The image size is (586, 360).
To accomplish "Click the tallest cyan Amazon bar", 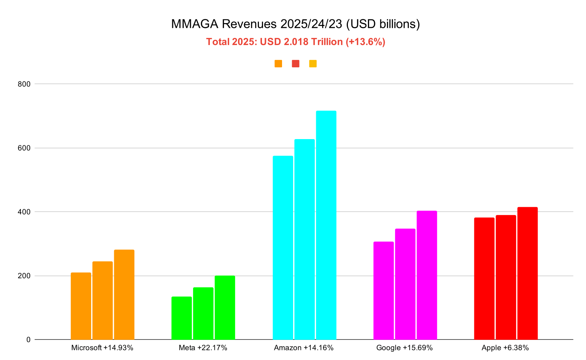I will (x=326, y=225).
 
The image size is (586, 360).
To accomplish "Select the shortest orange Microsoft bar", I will (x=81, y=306).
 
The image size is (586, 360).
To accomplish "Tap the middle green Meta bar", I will (x=203, y=314).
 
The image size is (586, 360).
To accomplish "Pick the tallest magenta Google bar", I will (x=427, y=275).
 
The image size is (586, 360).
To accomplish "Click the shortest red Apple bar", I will (x=484, y=279).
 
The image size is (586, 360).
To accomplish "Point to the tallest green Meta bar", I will (x=225, y=308).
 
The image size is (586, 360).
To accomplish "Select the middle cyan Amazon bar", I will (x=304, y=239).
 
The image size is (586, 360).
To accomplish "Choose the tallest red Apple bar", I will (x=527, y=273).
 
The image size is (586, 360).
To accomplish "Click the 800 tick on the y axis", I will (x=24, y=84).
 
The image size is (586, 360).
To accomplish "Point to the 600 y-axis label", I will (x=24, y=148).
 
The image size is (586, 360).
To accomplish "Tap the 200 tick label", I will (x=24, y=276).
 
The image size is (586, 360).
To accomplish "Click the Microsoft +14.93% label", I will (x=102, y=348).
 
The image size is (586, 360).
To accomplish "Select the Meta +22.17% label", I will (x=203, y=348).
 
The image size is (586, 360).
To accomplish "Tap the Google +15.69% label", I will (x=404, y=348).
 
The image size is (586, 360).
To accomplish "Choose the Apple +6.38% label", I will (x=505, y=348).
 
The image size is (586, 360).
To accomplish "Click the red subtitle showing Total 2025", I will (x=296, y=42).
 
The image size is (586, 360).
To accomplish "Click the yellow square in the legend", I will (x=313, y=64).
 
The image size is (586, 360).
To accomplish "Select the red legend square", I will (x=296, y=64).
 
